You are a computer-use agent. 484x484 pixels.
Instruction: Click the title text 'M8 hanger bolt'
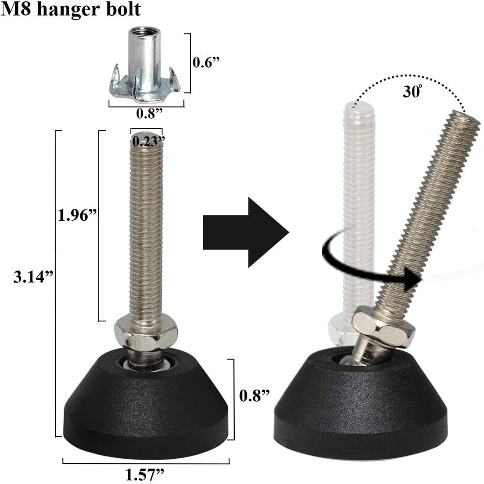click(x=71, y=10)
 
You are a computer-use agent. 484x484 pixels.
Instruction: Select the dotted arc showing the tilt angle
click(x=411, y=77)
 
